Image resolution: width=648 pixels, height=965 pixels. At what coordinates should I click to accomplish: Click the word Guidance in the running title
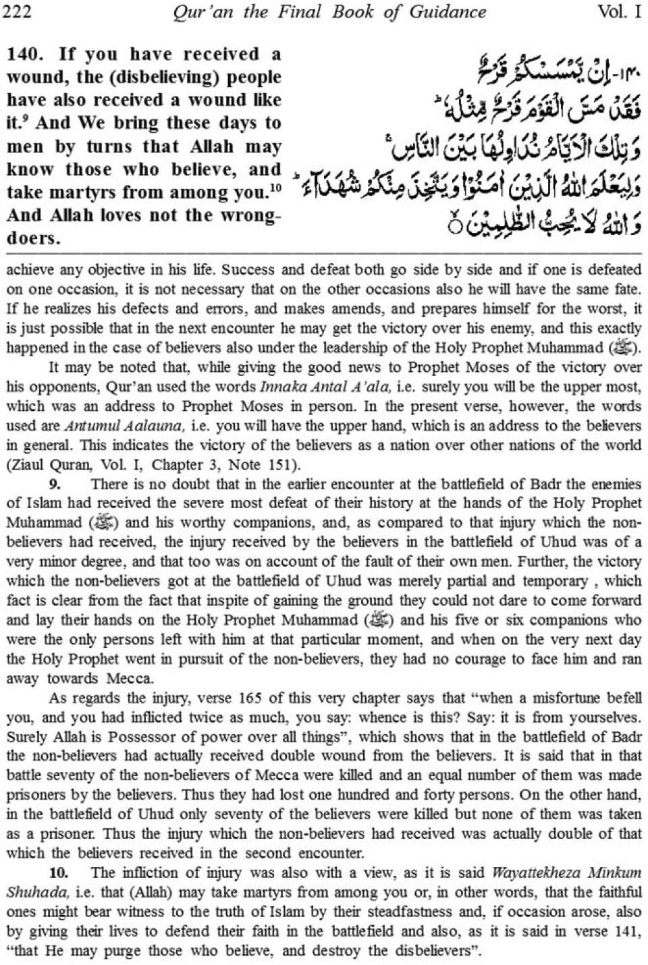tap(452, 11)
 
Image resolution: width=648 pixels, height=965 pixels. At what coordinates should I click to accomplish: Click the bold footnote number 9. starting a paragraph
tap(55, 485)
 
